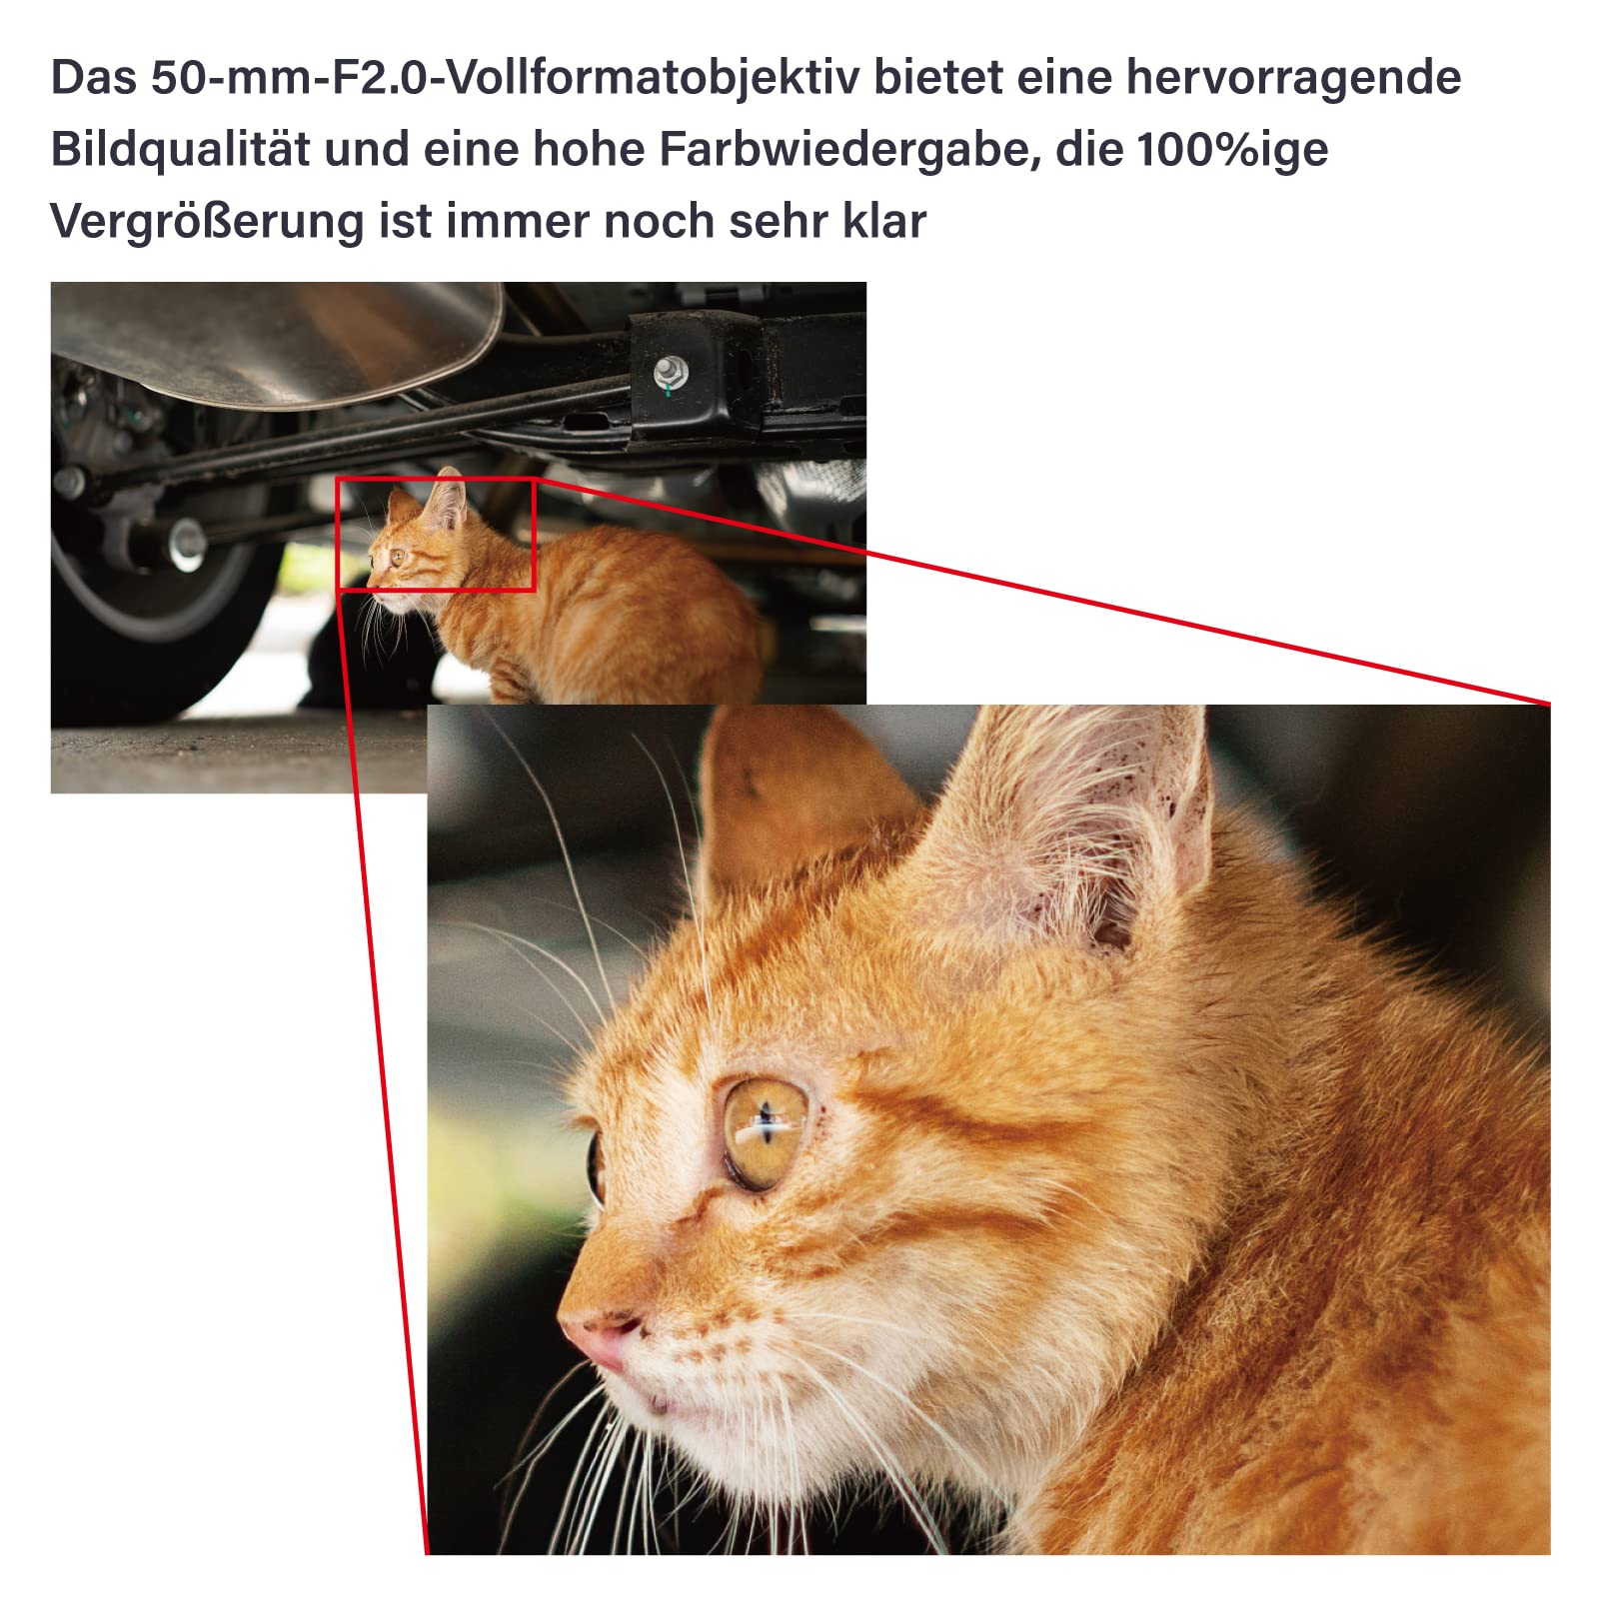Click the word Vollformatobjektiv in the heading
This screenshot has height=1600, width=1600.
tap(650, 77)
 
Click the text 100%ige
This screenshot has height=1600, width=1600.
tap(1232, 150)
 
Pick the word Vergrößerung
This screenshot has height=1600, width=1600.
tap(207, 221)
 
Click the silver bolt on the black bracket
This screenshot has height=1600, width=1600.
tap(669, 374)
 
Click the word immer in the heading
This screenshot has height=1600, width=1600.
tap(517, 221)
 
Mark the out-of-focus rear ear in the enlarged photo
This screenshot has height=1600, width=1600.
tap(790, 790)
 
